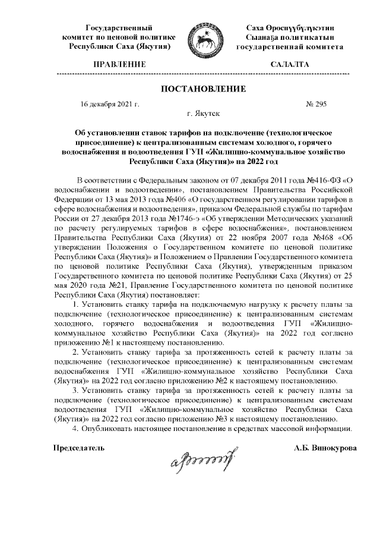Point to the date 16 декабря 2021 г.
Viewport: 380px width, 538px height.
tap(109, 104)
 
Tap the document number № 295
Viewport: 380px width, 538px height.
tap(315, 104)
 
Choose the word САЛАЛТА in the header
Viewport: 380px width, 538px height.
tap(289, 63)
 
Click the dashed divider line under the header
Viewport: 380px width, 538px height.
tap(202, 74)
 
